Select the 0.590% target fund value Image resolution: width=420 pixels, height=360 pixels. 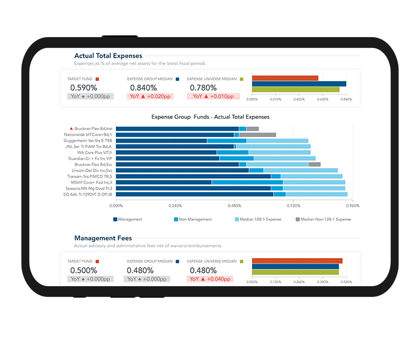pyautogui.click(x=84, y=87)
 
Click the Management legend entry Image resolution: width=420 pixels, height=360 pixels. pyautogui.click(x=130, y=220)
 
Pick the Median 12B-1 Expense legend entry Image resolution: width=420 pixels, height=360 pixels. pyautogui.click(x=259, y=220)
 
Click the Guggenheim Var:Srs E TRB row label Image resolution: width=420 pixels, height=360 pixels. pyautogui.click(x=88, y=140)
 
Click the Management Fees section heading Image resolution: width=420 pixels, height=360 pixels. pyautogui.click(x=103, y=238)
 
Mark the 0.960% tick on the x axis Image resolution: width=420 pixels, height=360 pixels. pyautogui.click(x=352, y=205)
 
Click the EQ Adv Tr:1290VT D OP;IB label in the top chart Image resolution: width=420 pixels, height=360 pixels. pyautogui.click(x=88, y=194)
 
